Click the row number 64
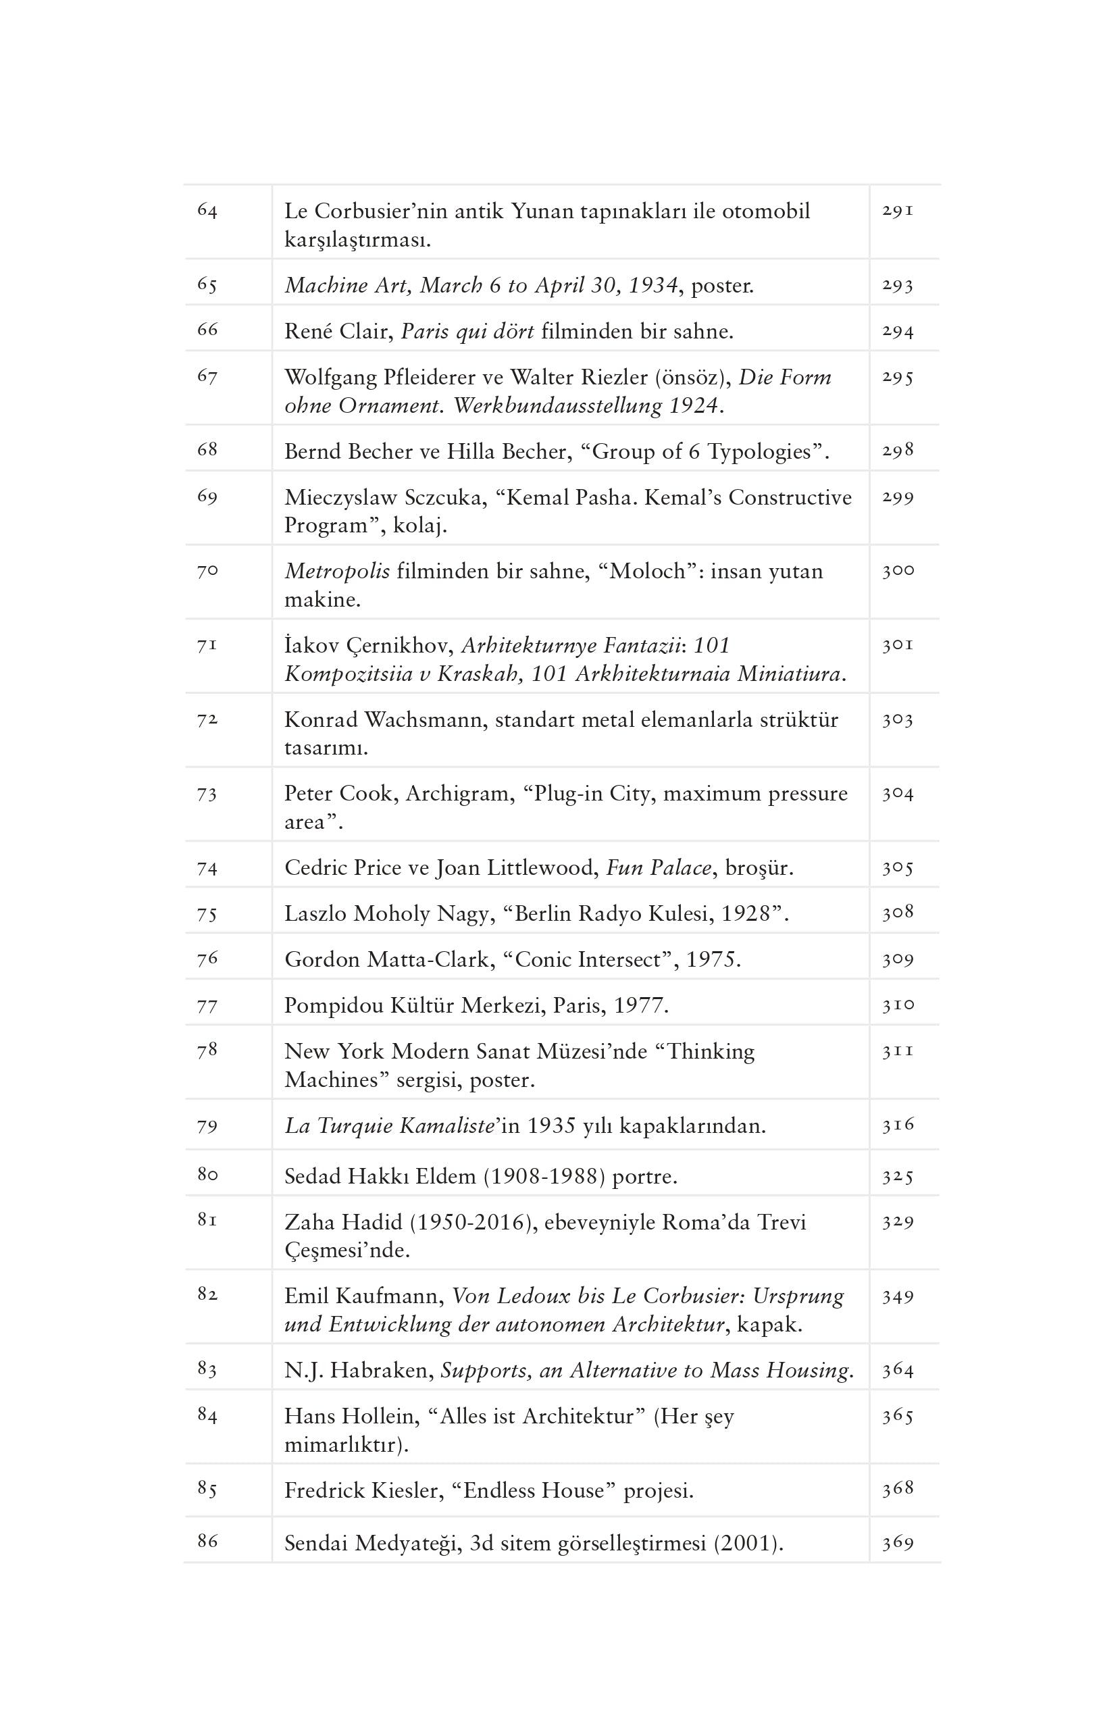[x=207, y=211]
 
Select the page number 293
[x=897, y=286]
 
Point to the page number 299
[x=897, y=498]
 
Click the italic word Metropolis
[x=337, y=572]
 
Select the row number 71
[x=207, y=646]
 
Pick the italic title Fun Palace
[x=659, y=867]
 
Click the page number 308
[x=897, y=913]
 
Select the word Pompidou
[x=334, y=1006]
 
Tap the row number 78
[x=207, y=1050]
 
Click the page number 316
[x=897, y=1125]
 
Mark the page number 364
[x=897, y=1370]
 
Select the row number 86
[x=207, y=1541]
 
